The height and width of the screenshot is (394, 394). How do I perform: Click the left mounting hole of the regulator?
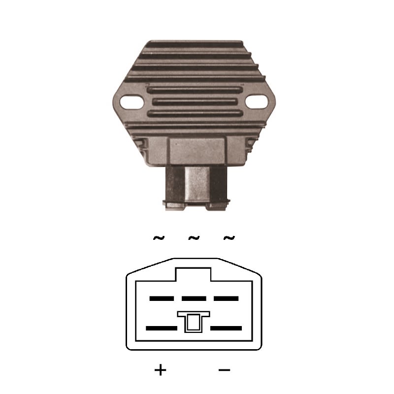click(132, 102)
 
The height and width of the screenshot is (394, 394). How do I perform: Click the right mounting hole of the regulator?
click(257, 102)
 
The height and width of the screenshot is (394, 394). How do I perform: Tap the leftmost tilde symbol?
click(159, 237)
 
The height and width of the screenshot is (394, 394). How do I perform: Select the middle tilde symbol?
click(194, 237)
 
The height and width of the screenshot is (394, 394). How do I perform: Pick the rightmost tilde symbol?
click(229, 237)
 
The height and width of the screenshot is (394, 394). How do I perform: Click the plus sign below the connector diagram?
click(161, 370)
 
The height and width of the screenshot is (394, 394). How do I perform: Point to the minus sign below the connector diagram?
click(225, 370)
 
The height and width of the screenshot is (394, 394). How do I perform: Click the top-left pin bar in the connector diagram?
click(162, 298)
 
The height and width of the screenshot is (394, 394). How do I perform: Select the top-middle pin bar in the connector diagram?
click(194, 298)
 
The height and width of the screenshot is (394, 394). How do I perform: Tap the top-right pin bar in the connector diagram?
click(226, 298)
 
